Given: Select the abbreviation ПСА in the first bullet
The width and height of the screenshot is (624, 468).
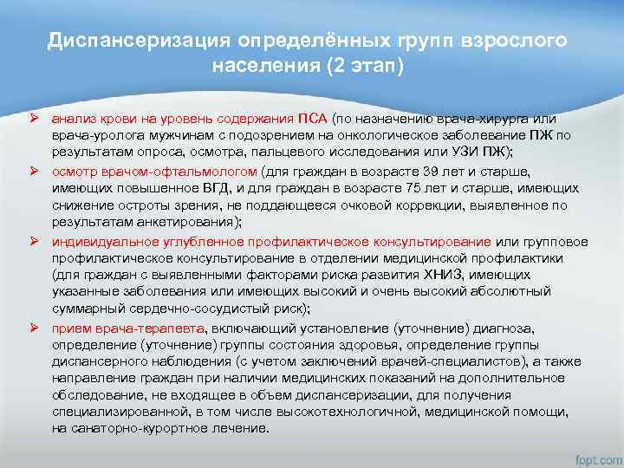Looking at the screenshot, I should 312,119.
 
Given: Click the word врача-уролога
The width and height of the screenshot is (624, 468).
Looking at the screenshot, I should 93,134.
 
